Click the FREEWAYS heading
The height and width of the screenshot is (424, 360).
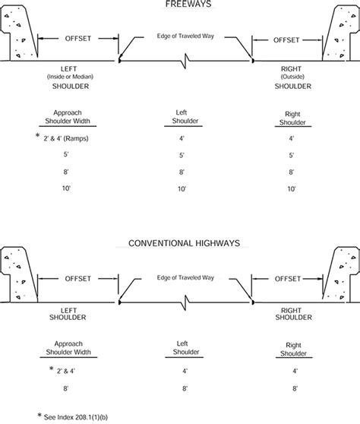179,4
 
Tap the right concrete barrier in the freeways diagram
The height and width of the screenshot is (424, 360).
343,34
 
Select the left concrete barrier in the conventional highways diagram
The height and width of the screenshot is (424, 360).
17,277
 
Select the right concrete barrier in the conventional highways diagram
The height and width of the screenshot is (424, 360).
343,277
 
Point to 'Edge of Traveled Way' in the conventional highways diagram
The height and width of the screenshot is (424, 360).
179,278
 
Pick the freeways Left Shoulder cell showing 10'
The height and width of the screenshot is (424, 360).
181,187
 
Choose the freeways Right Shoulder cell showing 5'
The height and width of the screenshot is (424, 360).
292,155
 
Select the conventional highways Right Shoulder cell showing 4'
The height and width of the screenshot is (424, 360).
292,372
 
